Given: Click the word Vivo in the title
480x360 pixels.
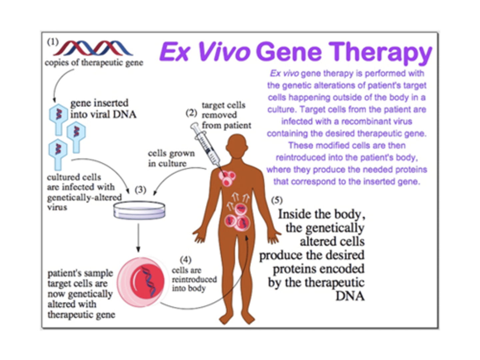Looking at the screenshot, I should [x=224, y=52].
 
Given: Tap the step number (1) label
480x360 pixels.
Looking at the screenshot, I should [x=53, y=42].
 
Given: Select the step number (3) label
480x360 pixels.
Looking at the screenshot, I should [x=140, y=189].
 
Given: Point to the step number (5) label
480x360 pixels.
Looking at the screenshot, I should [x=277, y=200].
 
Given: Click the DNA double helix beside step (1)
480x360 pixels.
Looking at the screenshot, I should [x=93, y=48].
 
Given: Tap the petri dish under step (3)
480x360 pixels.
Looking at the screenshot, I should [x=139, y=210].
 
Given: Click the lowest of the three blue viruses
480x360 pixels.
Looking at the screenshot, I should [x=58, y=153].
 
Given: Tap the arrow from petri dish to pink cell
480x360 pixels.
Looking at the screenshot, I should [x=138, y=238].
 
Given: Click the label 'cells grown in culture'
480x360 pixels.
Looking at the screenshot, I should [x=171, y=158].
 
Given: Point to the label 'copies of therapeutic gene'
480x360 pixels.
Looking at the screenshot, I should [x=94, y=63].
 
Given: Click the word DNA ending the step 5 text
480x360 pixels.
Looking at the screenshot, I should [x=350, y=296].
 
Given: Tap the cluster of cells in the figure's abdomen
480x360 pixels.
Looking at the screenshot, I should [x=238, y=218].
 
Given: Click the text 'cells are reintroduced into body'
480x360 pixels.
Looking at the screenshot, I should [x=194, y=279].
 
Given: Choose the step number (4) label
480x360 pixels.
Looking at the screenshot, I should [x=185, y=259].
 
